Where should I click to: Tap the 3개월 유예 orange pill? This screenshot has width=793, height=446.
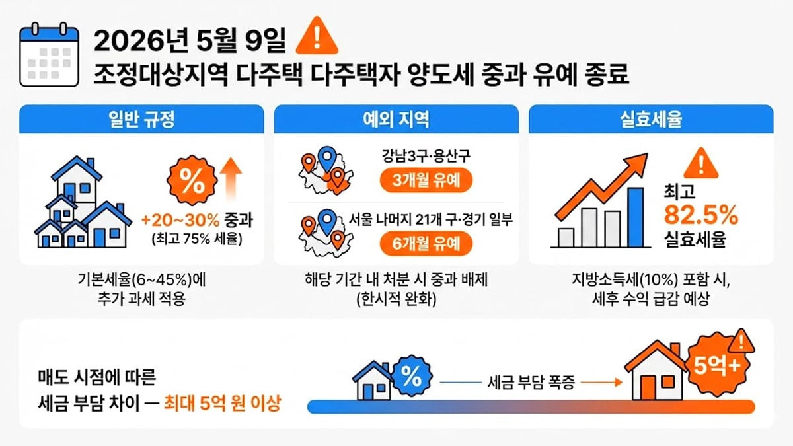tap(426, 180)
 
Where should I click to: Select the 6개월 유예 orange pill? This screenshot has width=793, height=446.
tap(426, 244)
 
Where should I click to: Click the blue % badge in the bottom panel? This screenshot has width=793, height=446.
tap(410, 377)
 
